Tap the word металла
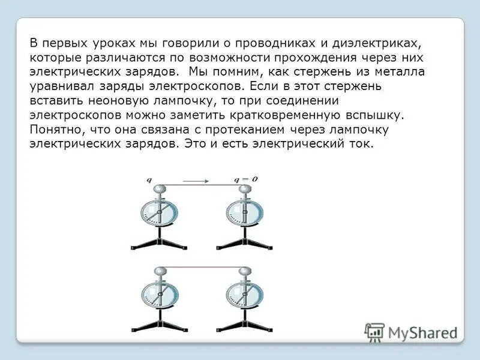point(391,72)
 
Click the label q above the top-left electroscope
point(148,180)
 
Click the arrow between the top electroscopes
point(196,180)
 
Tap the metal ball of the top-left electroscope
point(160,190)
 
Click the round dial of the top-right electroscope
point(245,214)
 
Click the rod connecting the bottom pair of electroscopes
point(202,266)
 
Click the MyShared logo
point(411,332)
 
